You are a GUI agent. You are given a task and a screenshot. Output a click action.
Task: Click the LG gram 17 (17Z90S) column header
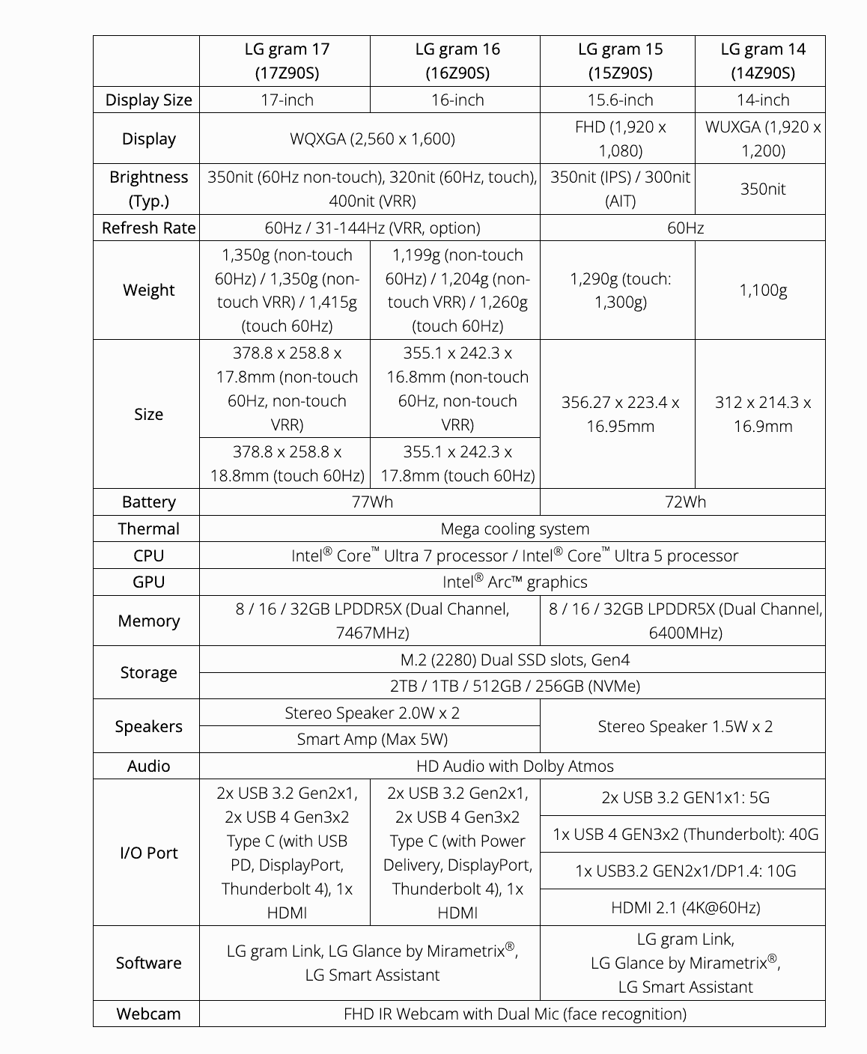tap(287, 61)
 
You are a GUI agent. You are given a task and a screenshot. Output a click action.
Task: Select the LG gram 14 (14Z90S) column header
tap(762, 61)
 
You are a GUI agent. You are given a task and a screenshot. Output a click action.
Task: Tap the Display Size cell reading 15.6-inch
tap(620, 100)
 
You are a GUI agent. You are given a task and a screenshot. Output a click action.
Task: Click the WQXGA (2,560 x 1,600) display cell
tap(372, 138)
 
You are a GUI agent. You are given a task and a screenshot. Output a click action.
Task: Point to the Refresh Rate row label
tap(148, 228)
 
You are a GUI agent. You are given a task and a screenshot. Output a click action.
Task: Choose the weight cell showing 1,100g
tap(762, 290)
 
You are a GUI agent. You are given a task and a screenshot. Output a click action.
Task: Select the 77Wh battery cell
tap(372, 502)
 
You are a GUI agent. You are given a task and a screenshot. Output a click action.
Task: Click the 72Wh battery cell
tap(685, 502)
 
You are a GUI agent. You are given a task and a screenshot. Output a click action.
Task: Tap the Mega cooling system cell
tap(514, 528)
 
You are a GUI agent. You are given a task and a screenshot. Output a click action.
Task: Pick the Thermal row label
tap(148, 528)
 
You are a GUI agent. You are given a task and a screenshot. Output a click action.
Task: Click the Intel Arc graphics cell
tap(514, 582)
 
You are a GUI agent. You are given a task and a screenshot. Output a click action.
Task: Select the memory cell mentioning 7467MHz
tap(372, 621)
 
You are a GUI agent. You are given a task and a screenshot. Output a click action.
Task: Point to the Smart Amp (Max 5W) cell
tap(372, 739)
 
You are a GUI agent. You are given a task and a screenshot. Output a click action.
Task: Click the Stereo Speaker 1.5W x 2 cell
tap(685, 726)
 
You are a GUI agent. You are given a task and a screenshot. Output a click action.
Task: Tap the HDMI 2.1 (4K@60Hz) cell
tap(685, 907)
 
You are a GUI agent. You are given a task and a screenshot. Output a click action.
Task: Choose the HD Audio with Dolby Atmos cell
tap(514, 766)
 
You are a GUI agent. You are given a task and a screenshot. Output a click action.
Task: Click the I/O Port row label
tap(148, 853)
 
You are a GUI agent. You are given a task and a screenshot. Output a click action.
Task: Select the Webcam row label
tap(148, 1014)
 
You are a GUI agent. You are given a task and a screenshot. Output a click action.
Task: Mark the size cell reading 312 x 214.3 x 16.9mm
tap(762, 414)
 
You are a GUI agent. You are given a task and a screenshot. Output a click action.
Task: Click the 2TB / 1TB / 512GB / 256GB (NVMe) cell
tap(514, 686)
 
